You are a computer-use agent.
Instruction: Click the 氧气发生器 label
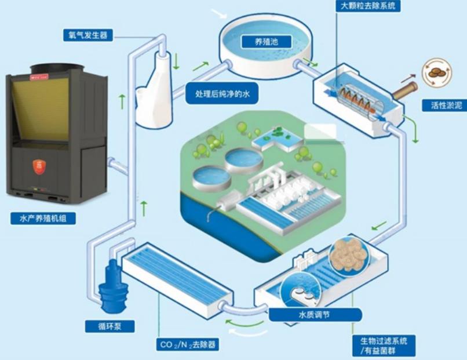coord(85,34)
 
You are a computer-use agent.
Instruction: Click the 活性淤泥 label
coord(443,106)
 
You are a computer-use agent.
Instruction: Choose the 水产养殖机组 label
coord(43,219)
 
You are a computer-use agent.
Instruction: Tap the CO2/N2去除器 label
coord(188,346)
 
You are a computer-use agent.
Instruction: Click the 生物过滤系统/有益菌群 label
coord(383,345)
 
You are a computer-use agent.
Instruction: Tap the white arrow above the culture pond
coord(218,13)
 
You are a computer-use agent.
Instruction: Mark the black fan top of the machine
coord(53,67)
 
